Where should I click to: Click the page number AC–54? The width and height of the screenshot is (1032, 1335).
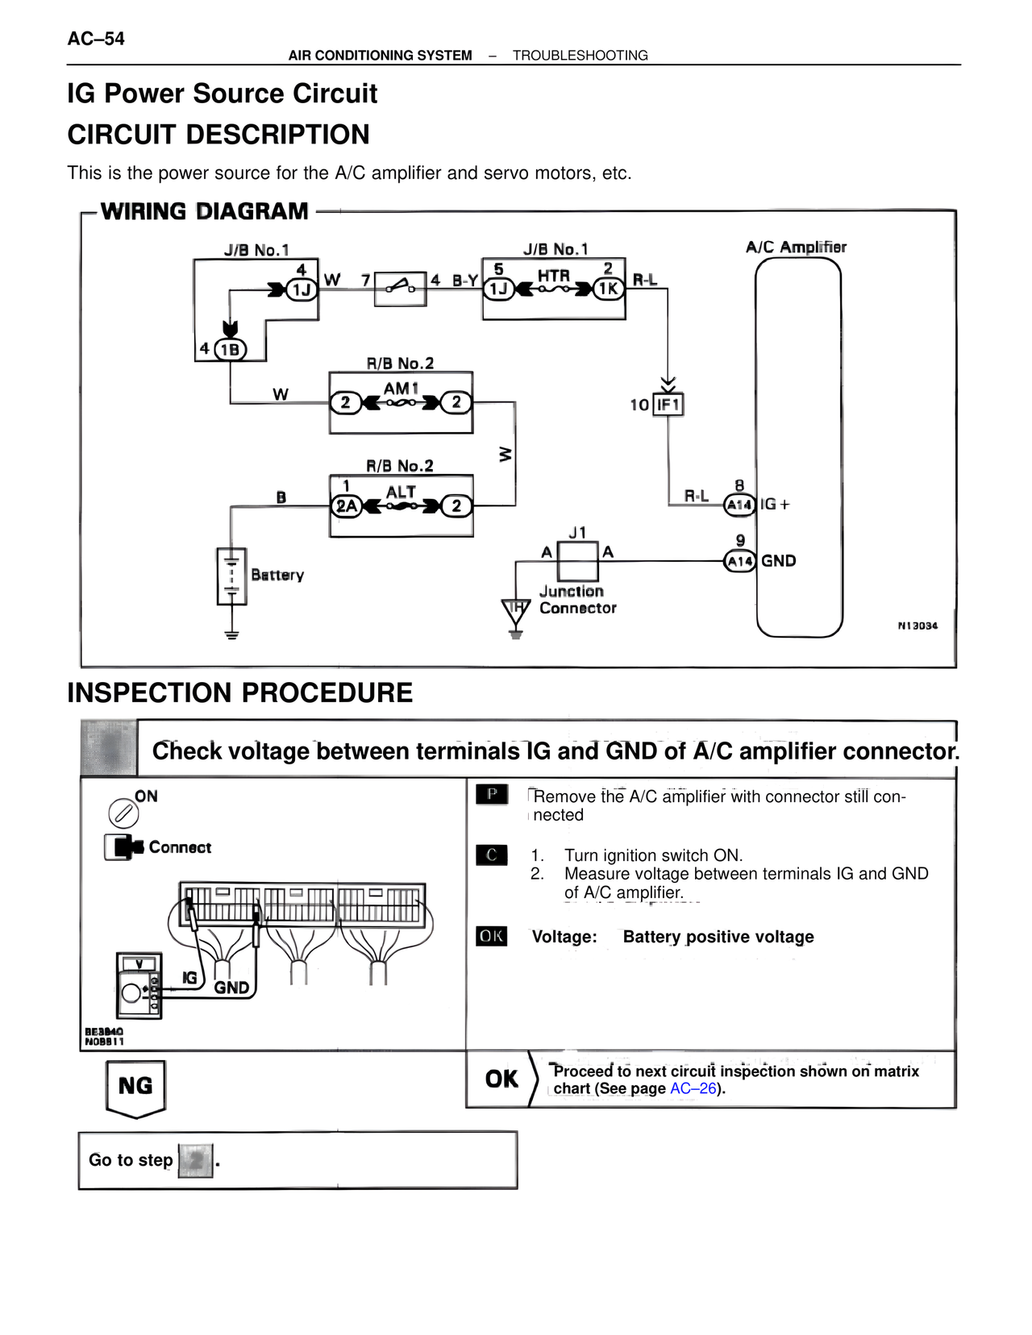click(x=96, y=39)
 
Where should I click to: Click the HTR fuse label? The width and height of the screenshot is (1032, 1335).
click(x=554, y=276)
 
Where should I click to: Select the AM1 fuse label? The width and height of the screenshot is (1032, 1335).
click(x=401, y=389)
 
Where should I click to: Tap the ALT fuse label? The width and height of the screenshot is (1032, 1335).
click(x=401, y=492)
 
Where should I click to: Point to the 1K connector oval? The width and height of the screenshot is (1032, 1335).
click(x=609, y=289)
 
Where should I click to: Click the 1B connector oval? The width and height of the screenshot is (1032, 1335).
click(x=230, y=349)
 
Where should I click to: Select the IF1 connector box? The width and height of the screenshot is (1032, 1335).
click(x=668, y=404)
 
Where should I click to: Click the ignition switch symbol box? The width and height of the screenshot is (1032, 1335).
click(x=401, y=288)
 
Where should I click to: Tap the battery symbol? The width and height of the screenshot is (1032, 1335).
click(x=231, y=576)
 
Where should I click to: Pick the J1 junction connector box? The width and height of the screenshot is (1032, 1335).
click(x=578, y=561)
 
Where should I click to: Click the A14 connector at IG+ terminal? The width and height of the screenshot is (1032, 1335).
click(x=739, y=505)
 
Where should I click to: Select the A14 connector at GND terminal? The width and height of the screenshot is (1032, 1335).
click(x=739, y=561)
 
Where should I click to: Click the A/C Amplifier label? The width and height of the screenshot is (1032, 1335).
click(x=796, y=247)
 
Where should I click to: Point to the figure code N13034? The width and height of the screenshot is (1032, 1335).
click(x=918, y=626)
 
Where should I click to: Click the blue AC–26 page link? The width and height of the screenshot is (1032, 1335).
click(x=693, y=1088)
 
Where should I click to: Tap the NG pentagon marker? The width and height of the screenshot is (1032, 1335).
click(x=135, y=1088)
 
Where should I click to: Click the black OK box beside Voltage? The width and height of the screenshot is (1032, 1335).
click(x=491, y=936)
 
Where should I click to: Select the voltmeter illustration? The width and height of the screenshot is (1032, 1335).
click(x=139, y=986)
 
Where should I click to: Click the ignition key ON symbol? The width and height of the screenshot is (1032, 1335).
click(x=123, y=813)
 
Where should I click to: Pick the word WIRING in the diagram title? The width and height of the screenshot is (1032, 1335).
click(x=144, y=211)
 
